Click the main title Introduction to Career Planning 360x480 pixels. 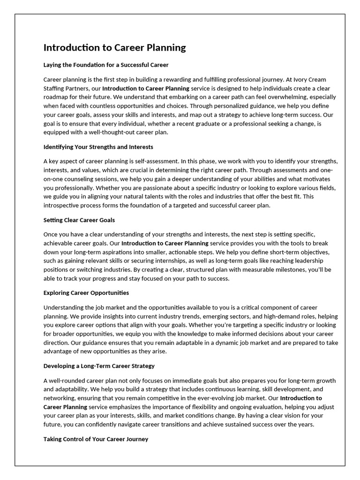click(x=114, y=48)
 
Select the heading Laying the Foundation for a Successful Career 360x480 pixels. click(x=106, y=65)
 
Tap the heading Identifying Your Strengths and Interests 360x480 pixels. click(x=98, y=147)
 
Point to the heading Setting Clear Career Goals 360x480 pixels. click(x=79, y=220)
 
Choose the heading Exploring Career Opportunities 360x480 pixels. click(x=86, y=292)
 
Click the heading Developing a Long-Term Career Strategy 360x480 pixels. click(x=99, y=366)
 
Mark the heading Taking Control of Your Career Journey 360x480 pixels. click(x=96, y=439)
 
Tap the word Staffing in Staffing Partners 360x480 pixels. click(x=55, y=88)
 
